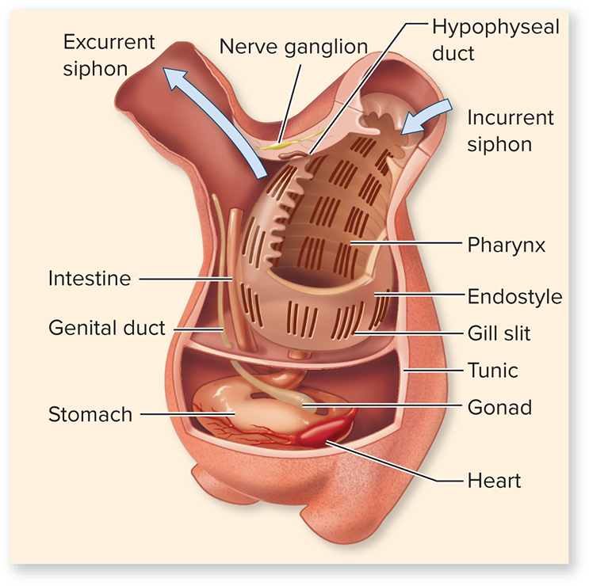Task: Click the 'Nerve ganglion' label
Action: pyautogui.click(x=293, y=48)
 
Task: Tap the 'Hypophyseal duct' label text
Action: pyautogui.click(x=495, y=40)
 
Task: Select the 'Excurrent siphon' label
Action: pyautogui.click(x=109, y=55)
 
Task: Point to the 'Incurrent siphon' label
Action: pyautogui.click(x=510, y=131)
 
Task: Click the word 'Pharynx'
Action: pyautogui.click(x=506, y=245)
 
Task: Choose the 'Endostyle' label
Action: pyautogui.click(x=514, y=296)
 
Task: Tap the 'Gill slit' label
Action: pyautogui.click(x=499, y=333)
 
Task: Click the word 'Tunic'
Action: pyautogui.click(x=493, y=371)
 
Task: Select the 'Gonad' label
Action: pyautogui.click(x=499, y=407)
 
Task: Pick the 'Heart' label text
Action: pyautogui.click(x=494, y=481)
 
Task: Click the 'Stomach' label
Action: pyautogui.click(x=90, y=414)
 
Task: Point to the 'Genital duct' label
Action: pyautogui.click(x=107, y=328)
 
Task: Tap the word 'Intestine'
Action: pyautogui.click(x=90, y=279)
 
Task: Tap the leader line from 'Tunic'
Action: pyautogui.click(x=433, y=371)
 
